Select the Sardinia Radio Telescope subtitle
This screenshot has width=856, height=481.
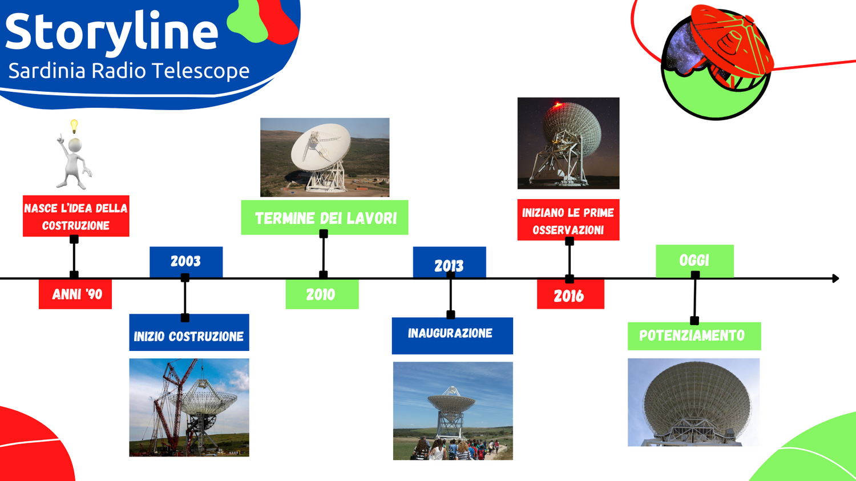(129, 71)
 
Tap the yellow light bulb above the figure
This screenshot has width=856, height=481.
(74, 126)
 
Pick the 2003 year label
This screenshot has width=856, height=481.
(185, 261)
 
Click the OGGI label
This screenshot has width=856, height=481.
(695, 261)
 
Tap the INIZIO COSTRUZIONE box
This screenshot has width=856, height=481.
(189, 333)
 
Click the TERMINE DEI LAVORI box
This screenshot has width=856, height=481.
(325, 217)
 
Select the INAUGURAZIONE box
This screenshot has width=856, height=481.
(453, 336)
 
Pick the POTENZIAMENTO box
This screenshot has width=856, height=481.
(695, 336)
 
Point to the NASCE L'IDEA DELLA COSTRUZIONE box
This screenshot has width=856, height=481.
(76, 216)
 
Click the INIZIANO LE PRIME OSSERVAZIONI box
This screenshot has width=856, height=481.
(568, 220)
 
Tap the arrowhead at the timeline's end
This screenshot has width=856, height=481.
(836, 278)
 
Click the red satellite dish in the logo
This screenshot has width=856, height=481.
(732, 42)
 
